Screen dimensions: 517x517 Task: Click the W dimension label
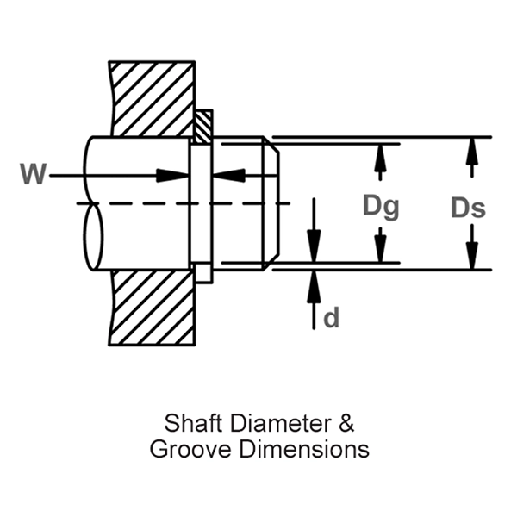click(x=33, y=174)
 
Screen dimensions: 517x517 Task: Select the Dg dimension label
click(x=380, y=206)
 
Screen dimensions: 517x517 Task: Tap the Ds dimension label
click(x=468, y=207)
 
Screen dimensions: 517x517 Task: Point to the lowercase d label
click(x=331, y=318)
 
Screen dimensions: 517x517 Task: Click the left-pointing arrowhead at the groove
click(x=227, y=176)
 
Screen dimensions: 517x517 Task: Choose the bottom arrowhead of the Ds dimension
click(x=470, y=257)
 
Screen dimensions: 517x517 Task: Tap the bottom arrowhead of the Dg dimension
click(x=379, y=251)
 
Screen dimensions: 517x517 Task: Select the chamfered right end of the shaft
click(x=269, y=202)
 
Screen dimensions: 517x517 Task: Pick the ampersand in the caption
click(x=345, y=425)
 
